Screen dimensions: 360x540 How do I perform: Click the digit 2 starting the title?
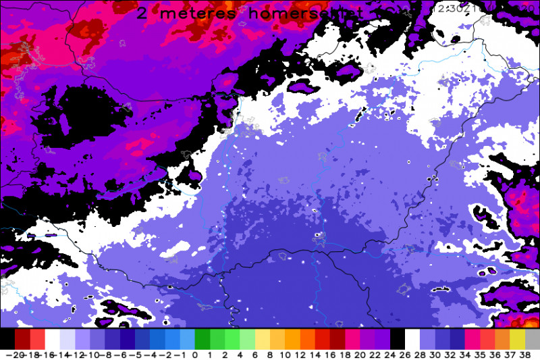pyautogui.click(x=142, y=13)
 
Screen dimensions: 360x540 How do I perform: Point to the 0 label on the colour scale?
pyautogui.click(x=195, y=353)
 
